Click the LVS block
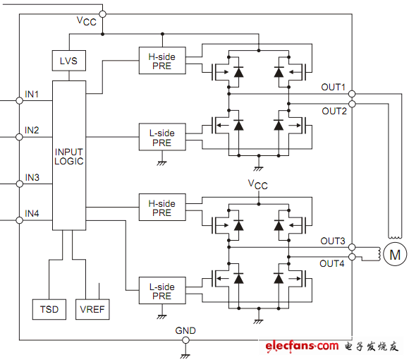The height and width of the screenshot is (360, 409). [x=69, y=61]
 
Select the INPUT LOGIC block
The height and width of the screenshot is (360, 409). [x=69, y=155]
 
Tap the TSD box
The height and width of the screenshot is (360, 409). [x=49, y=309]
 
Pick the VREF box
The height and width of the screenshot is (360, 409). [x=92, y=309]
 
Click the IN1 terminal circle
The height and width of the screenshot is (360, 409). [x=19, y=100]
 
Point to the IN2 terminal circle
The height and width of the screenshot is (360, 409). [x=19, y=137]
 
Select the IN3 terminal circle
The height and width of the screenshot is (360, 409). [x=19, y=184]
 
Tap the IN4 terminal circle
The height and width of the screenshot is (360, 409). [x=19, y=220]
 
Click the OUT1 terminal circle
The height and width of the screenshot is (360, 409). [x=352, y=94]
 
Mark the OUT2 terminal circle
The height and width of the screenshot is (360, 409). [x=352, y=104]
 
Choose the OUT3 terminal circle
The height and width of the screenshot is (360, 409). [x=352, y=247]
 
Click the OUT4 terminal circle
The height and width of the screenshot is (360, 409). [x=352, y=257]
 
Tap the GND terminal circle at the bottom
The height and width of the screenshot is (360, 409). [x=185, y=340]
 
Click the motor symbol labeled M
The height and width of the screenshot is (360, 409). [x=395, y=254]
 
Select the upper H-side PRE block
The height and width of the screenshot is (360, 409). [x=162, y=61]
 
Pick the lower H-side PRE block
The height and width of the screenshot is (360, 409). [x=162, y=208]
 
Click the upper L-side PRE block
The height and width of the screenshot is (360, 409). [x=162, y=137]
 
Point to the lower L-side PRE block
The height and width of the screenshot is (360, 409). [x=162, y=291]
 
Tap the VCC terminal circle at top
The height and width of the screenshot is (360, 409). [x=103, y=14]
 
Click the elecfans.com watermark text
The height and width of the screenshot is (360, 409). [x=302, y=346]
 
